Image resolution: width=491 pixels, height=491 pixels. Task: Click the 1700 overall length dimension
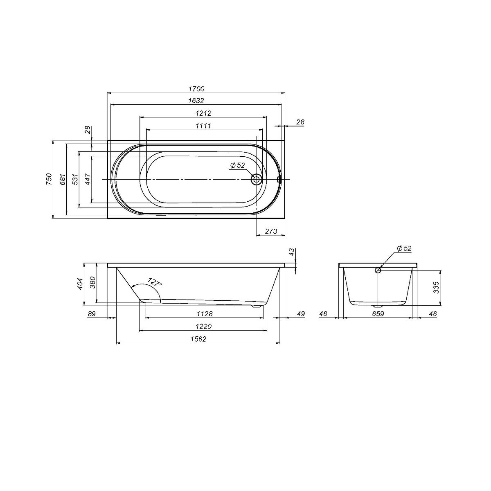coord(196,89)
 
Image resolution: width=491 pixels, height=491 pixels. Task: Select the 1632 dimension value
coord(196,101)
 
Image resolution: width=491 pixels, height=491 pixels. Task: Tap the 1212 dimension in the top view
coord(203,113)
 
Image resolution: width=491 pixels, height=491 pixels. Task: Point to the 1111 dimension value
coord(203,126)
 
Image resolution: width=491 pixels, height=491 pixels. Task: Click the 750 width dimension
coord(49,179)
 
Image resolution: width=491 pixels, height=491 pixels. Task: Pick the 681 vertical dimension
coord(63,179)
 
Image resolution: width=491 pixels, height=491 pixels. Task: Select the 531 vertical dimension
coord(75,179)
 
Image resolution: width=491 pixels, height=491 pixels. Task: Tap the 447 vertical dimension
coord(88,179)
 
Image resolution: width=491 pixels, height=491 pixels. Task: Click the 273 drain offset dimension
coord(271,231)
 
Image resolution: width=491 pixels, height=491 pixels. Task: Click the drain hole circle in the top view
coord(256,179)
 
